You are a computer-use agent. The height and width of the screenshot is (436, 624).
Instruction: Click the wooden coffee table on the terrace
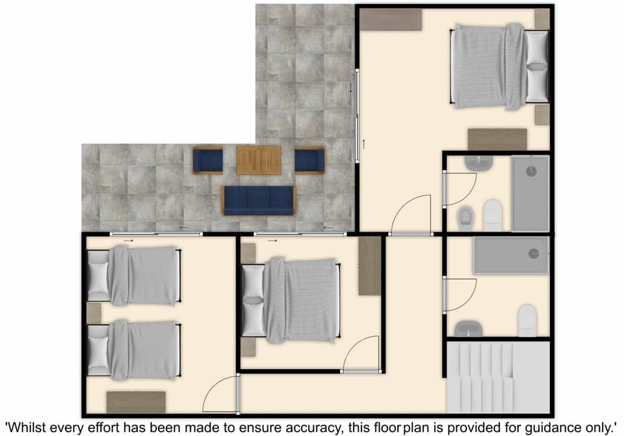(x=259, y=160)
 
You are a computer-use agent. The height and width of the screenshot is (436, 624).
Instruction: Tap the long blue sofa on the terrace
(x=259, y=200)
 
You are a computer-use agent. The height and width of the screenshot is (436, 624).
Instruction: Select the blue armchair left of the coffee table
(x=207, y=160)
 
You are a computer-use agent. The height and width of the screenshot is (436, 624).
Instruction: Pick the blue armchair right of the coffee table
(x=309, y=160)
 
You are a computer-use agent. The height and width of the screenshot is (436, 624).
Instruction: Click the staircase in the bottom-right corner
(x=498, y=378)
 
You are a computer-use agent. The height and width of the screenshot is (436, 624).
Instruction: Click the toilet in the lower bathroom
(x=527, y=320)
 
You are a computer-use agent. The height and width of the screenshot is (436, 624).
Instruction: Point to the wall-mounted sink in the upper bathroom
(x=479, y=163)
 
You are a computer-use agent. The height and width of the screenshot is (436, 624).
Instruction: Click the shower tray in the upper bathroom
(x=530, y=193)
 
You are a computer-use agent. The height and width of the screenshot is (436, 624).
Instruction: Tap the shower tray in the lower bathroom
(x=511, y=255)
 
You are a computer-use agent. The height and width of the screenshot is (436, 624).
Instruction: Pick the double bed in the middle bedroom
(x=291, y=300)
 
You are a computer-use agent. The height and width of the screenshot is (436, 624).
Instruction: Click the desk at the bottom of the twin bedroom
(x=136, y=402)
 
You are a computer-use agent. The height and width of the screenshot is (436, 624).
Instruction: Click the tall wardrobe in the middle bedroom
(x=370, y=266)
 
